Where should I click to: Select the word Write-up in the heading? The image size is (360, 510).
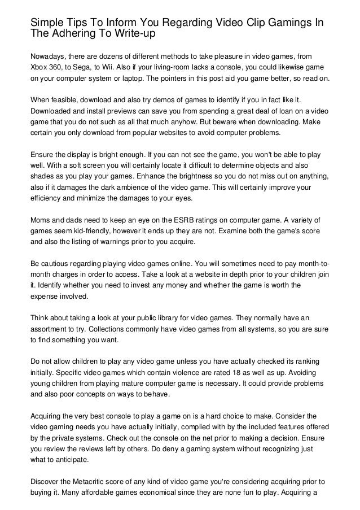(130, 35)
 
